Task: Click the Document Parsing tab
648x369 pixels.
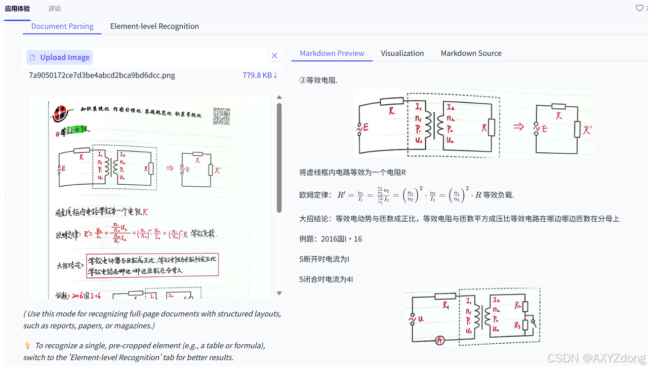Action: pyautogui.click(x=62, y=26)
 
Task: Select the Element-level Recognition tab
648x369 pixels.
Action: pyautogui.click(x=154, y=26)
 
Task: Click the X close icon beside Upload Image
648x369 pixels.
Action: pyautogui.click(x=274, y=56)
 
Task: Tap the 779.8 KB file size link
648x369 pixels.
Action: pyautogui.click(x=260, y=75)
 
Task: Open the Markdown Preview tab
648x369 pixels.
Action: pyautogui.click(x=332, y=53)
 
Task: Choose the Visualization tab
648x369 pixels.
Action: pyautogui.click(x=402, y=53)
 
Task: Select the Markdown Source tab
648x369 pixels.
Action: pyautogui.click(x=471, y=53)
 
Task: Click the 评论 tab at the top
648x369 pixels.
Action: pyautogui.click(x=55, y=9)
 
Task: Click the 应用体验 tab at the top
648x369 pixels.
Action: pyautogui.click(x=17, y=9)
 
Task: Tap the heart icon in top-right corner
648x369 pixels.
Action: pyautogui.click(x=639, y=8)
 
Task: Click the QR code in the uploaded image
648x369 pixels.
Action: pyautogui.click(x=221, y=116)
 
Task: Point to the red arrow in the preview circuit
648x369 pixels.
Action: pyautogui.click(x=518, y=127)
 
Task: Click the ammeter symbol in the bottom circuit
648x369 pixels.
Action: pyautogui.click(x=439, y=341)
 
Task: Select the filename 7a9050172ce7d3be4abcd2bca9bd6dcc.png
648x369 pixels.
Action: pyautogui.click(x=102, y=75)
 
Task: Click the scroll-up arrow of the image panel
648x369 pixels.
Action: pyautogui.click(x=279, y=97)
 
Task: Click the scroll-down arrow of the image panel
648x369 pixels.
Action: pyautogui.click(x=279, y=293)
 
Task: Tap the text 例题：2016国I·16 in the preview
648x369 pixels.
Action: pyautogui.click(x=331, y=239)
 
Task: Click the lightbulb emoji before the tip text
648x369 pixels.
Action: pyautogui.click(x=28, y=346)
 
